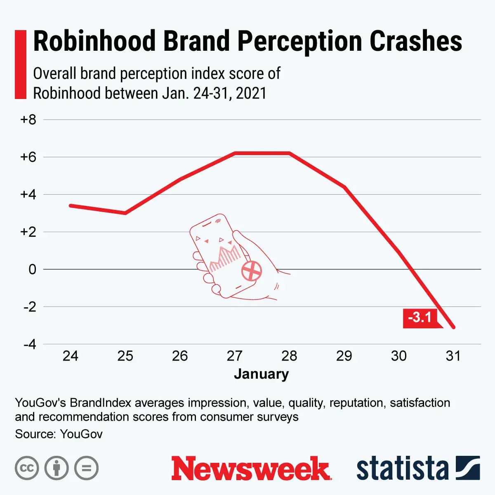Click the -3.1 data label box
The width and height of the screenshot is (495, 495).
[420, 318]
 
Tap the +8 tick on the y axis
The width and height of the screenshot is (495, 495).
[28, 120]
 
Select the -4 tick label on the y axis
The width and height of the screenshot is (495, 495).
[29, 344]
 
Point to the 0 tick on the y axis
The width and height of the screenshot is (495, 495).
[33, 269]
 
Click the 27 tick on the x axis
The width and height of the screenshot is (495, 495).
[235, 356]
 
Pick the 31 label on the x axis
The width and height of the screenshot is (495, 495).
[453, 356]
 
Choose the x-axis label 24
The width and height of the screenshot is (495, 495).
[71, 356]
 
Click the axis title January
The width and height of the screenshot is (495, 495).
[262, 374]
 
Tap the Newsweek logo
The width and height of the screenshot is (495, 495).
[251, 468]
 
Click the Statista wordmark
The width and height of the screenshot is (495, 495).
[402, 469]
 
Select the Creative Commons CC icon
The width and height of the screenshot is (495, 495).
[27, 468]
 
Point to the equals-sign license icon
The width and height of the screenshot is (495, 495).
[87, 468]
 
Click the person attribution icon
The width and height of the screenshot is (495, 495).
[57, 468]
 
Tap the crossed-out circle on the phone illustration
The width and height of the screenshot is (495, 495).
[252, 271]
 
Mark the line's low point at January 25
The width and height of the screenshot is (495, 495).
[125, 213]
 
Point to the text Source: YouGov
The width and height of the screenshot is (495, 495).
[59, 434]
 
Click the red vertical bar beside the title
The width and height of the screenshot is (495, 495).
[21, 64]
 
